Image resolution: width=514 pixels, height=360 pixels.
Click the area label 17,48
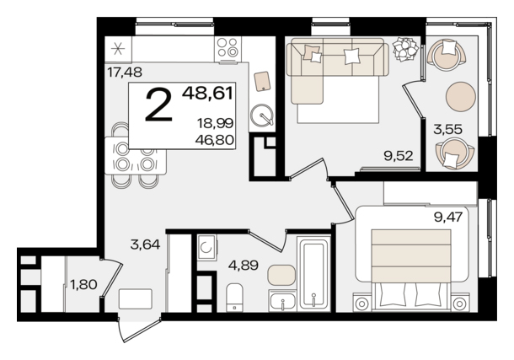[x=125, y=73]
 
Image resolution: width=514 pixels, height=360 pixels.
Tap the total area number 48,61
[x=208, y=93]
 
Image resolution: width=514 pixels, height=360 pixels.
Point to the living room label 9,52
[x=399, y=156]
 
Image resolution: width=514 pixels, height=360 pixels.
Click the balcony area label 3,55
[x=447, y=130]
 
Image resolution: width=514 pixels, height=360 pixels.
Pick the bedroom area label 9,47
[x=448, y=217]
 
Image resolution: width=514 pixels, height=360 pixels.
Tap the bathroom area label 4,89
[x=244, y=265]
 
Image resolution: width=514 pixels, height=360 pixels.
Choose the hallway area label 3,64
[x=145, y=244]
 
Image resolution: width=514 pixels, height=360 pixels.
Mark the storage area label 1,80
[x=83, y=285]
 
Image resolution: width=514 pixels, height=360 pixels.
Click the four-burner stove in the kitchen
[x=228, y=48]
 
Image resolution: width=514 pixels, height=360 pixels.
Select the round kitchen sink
[x=262, y=116]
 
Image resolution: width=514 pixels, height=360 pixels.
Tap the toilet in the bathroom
[x=235, y=298]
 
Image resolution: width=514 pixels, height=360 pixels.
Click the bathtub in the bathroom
[x=313, y=274]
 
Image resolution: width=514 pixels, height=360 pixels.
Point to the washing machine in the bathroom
[x=206, y=248]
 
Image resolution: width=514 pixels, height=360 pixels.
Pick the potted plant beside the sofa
[x=406, y=49]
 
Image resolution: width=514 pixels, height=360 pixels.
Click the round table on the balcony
[x=461, y=97]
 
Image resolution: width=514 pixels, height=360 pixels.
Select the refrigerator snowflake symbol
[x=118, y=49]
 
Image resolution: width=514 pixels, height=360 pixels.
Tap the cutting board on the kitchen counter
[x=262, y=81]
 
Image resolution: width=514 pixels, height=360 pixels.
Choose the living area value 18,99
[x=215, y=123]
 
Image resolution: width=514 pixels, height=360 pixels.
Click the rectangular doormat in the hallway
[x=136, y=298]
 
